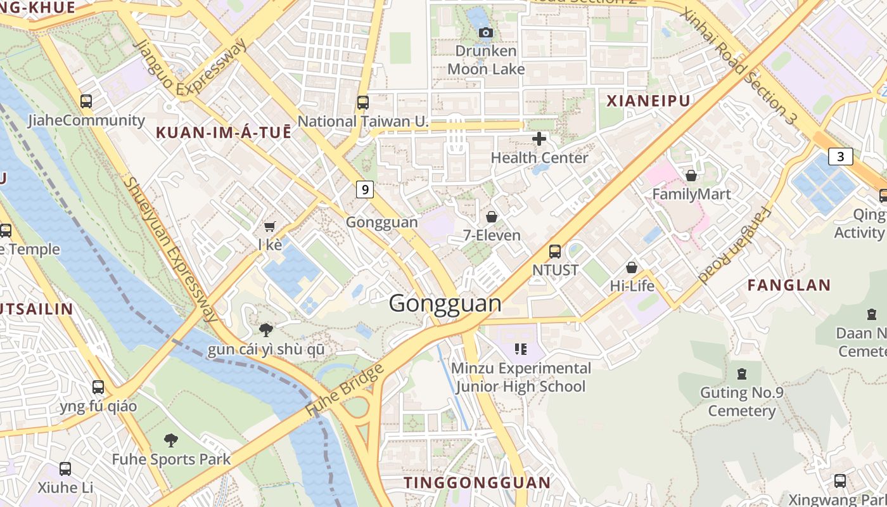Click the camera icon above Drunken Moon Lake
pyautogui.click(x=486, y=32)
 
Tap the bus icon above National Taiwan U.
pyautogui.click(x=363, y=102)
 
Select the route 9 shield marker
pyautogui.click(x=364, y=189)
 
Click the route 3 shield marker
pyautogui.click(x=840, y=157)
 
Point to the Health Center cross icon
pyautogui.click(x=539, y=138)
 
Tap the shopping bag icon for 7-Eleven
pyautogui.click(x=492, y=217)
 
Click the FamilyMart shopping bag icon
pyautogui.click(x=691, y=175)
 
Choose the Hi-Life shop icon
pyautogui.click(x=632, y=267)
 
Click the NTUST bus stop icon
pyautogui.click(x=555, y=251)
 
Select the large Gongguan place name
pyautogui.click(x=445, y=304)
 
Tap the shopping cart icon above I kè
pyautogui.click(x=270, y=226)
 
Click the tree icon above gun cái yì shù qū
pyautogui.click(x=266, y=330)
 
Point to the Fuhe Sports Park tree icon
pyautogui.click(x=171, y=440)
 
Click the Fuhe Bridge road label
pyautogui.click(x=345, y=390)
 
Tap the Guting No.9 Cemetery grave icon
pyautogui.click(x=741, y=373)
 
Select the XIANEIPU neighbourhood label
pyautogui.click(x=648, y=101)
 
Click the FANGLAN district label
pyautogui.click(x=789, y=285)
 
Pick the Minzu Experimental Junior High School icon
pyautogui.click(x=521, y=349)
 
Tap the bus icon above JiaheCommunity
pyautogui.click(x=86, y=101)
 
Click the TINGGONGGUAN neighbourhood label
pyautogui.click(x=477, y=483)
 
